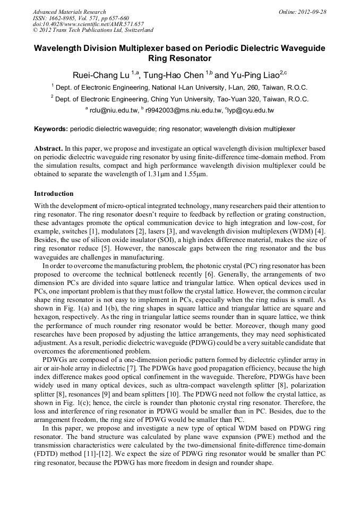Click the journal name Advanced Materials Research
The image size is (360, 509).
[x=69, y=12]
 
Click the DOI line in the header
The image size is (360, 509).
[x=88, y=24]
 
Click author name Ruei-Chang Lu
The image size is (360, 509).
[x=100, y=75]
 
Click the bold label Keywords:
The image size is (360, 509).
[x=51, y=129]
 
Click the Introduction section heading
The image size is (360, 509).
[x=54, y=194]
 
